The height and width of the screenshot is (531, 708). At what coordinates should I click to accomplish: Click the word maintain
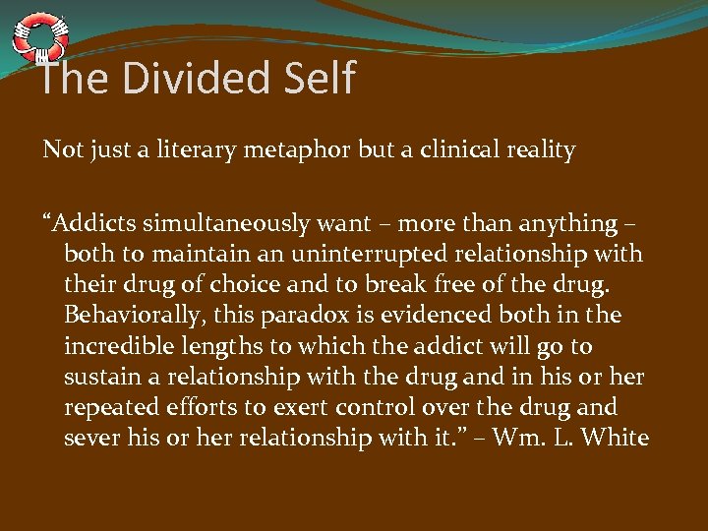pyautogui.click(x=180, y=254)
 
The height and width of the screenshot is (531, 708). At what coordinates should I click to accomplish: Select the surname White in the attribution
pyautogui.click(x=615, y=439)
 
